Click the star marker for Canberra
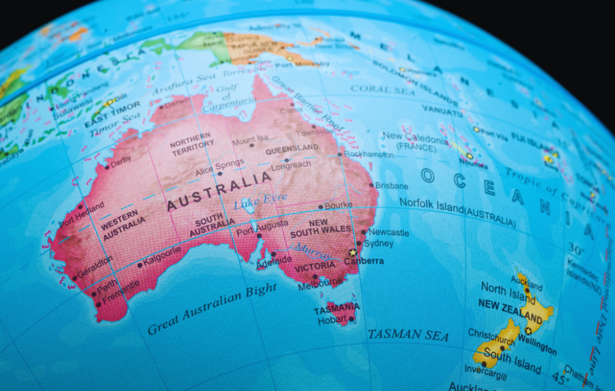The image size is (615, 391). (353, 252)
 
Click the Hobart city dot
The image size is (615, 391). (351, 319)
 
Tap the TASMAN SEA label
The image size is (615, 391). (408, 335)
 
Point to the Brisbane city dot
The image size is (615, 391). (371, 185)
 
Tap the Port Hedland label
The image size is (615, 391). (81, 214)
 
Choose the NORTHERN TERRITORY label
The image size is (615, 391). (192, 143)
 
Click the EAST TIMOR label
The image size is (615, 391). (112, 113)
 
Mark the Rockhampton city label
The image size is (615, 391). (369, 155)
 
